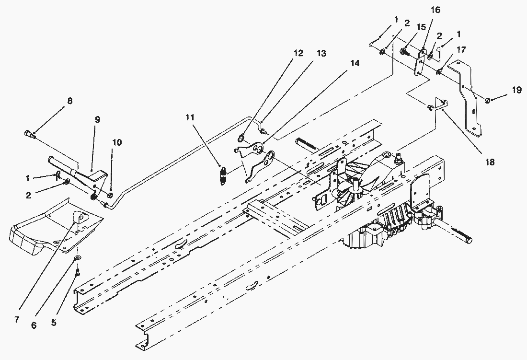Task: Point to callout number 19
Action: pyautogui.click(x=516, y=90)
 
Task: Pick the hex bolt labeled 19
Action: pyautogui.click(x=488, y=100)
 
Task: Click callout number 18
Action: pyautogui.click(x=489, y=163)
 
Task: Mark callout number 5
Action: pyautogui.click(x=54, y=323)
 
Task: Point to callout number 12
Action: pyautogui.click(x=298, y=53)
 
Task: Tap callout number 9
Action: pyautogui.click(x=97, y=119)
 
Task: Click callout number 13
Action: pyautogui.click(x=321, y=53)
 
